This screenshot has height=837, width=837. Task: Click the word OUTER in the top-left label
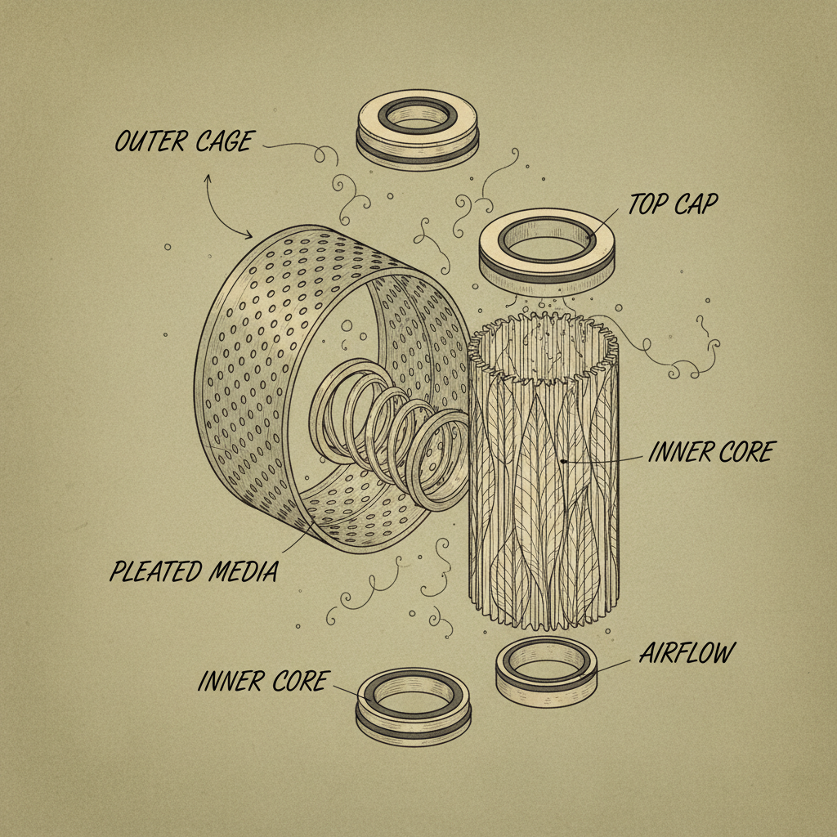point(150,141)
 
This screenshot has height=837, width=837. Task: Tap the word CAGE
point(225,141)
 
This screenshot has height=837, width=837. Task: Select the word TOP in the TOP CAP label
point(647,204)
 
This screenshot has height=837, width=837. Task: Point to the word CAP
point(696,204)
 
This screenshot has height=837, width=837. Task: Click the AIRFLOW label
point(687,652)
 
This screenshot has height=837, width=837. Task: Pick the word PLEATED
point(156,571)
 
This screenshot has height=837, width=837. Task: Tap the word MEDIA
point(244,571)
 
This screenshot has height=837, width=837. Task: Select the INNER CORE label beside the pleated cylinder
point(712,452)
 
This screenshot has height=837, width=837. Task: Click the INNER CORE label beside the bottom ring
point(262,681)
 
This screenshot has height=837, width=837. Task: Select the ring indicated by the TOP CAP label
point(547,272)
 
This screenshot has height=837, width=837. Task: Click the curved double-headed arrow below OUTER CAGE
point(217,213)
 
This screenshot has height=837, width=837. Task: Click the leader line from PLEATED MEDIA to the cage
point(297,537)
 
